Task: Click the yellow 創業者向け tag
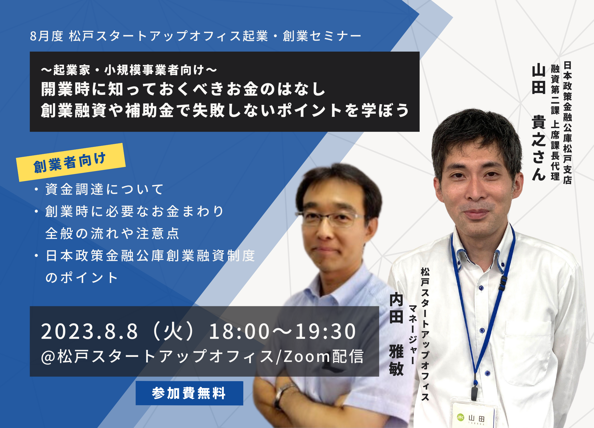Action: [x=71, y=162]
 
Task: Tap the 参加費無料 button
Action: [x=189, y=393]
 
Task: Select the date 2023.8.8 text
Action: [x=89, y=331]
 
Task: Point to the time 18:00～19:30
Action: [x=282, y=331]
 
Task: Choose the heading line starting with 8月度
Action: [x=195, y=36]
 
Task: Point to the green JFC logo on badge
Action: [x=460, y=417]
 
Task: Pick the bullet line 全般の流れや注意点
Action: [x=112, y=233]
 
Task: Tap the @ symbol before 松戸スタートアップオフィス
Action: [x=48, y=357]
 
